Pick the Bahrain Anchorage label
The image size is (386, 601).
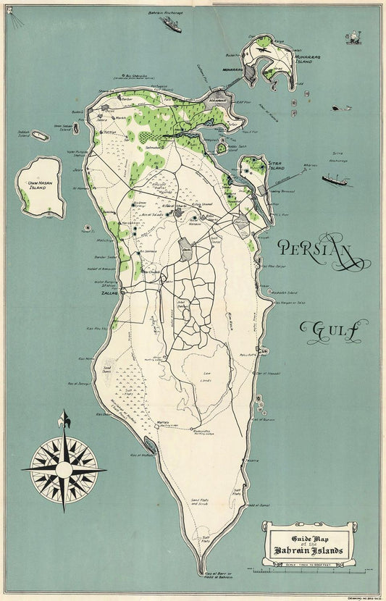164,13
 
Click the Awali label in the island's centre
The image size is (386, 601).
186,248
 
